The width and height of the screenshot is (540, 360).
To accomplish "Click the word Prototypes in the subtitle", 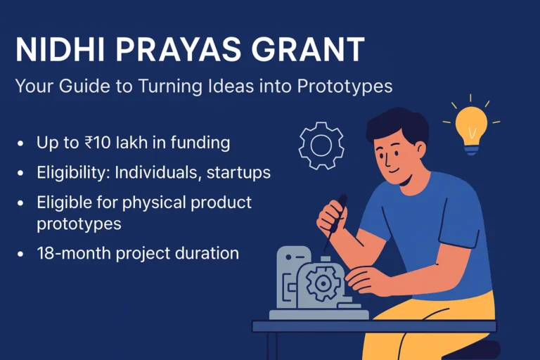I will point(345,87).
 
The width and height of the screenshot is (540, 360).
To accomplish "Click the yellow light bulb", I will point(471,127).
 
